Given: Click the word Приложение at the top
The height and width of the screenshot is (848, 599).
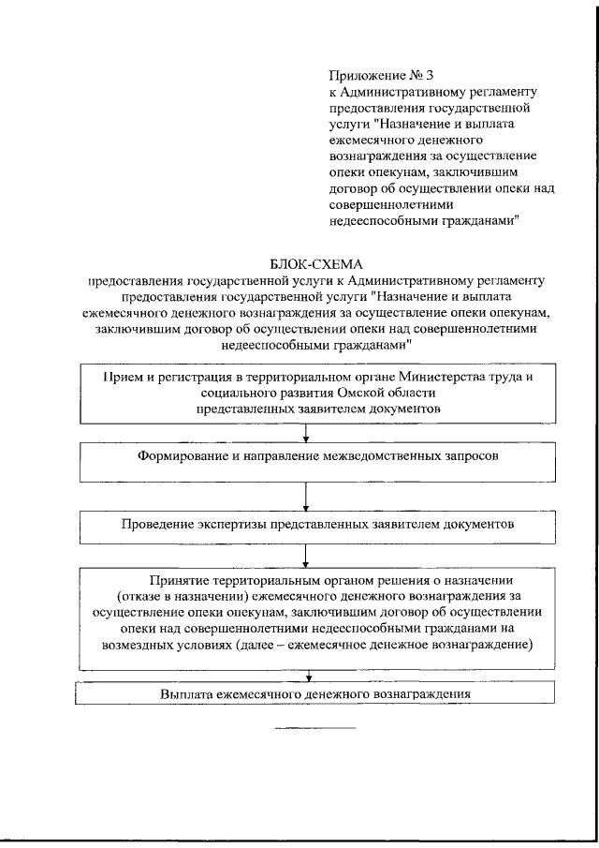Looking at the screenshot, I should (x=362, y=74).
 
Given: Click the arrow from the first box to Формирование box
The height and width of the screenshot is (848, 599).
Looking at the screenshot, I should (x=306, y=433).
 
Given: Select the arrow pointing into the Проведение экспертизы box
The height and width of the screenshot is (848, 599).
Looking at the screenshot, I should (x=306, y=496).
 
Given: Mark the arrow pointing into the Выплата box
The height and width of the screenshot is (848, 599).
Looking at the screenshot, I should (x=306, y=677).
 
